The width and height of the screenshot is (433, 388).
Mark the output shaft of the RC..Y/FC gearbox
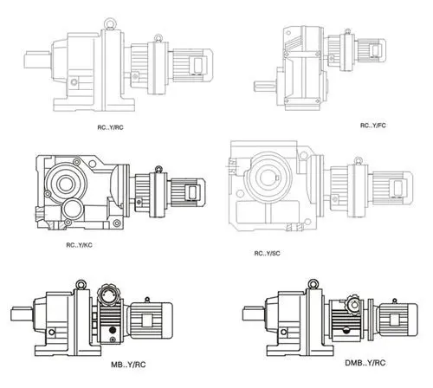coord(265,85)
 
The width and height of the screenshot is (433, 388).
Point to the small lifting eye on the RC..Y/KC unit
coord(158,165)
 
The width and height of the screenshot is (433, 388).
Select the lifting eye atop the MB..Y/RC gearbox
coord(80,281)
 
